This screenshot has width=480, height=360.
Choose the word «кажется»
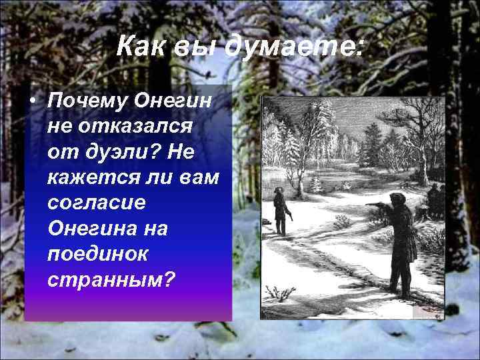pos(89,177)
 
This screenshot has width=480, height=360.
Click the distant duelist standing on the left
pos(281,210)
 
